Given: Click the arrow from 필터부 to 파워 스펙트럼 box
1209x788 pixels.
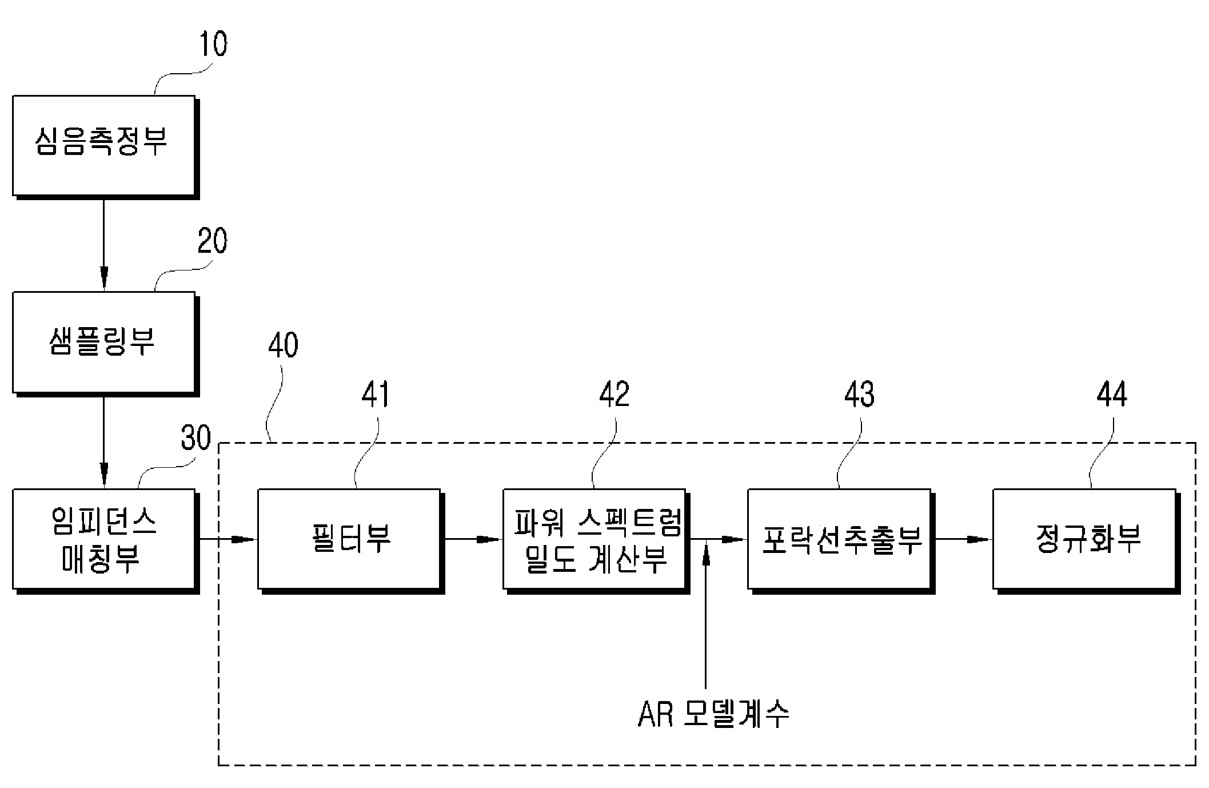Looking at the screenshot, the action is point(473,539).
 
